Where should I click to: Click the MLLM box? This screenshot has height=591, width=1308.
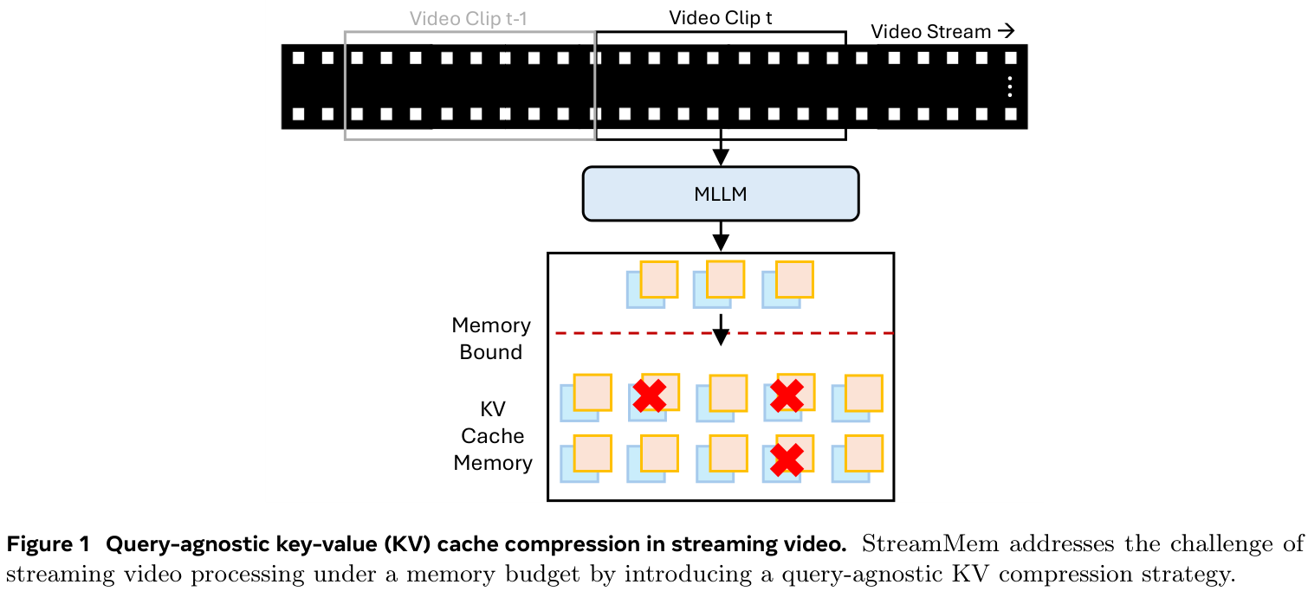tap(720, 194)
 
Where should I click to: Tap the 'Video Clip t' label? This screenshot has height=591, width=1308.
tap(720, 17)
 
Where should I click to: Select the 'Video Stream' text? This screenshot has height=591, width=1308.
tap(930, 32)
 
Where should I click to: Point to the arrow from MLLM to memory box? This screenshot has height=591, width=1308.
tap(720, 236)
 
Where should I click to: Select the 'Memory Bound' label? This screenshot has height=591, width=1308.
tap(490, 338)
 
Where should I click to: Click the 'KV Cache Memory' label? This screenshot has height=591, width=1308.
tap(491, 435)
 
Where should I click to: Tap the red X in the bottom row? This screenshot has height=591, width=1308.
tap(787, 459)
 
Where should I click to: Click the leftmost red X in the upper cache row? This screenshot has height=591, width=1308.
tap(650, 395)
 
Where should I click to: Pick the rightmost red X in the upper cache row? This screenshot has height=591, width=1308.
tap(787, 395)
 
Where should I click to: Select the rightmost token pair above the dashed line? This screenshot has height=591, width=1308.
tap(787, 284)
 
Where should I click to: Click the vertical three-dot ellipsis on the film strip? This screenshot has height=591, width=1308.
tap(1009, 87)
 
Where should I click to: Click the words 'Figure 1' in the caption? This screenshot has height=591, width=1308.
tap(49, 545)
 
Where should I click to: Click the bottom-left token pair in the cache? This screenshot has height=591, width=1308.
tap(586, 459)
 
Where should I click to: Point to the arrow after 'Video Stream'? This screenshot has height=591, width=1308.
tap(1006, 31)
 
